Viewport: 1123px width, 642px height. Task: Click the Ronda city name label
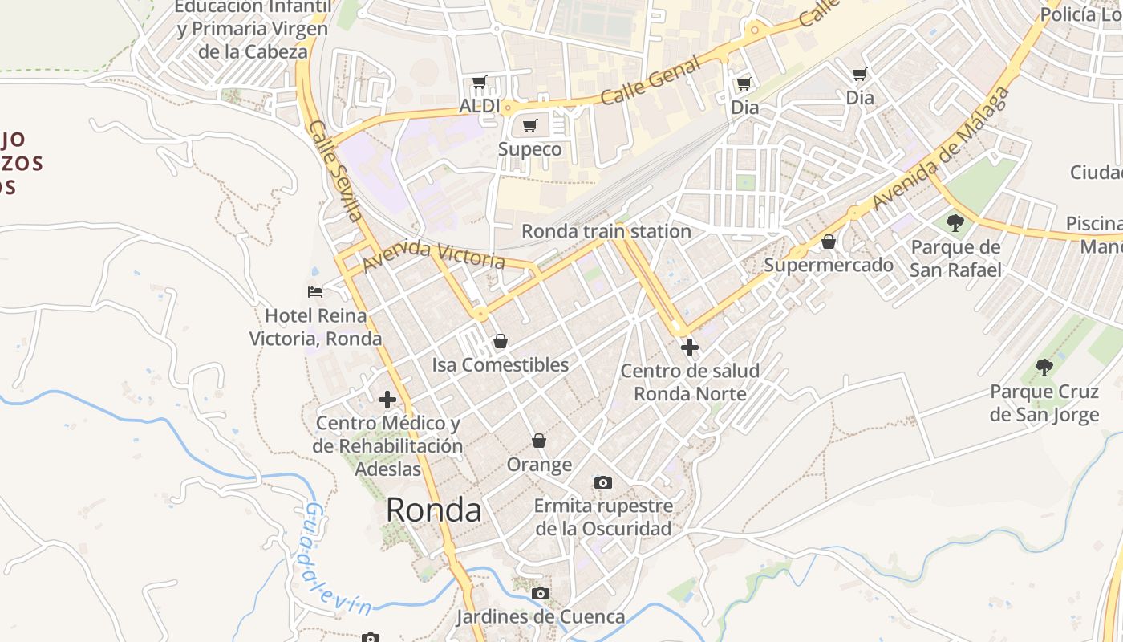click(x=434, y=510)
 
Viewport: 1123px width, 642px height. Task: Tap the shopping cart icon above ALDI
click(x=480, y=82)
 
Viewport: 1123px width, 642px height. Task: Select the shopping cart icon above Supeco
click(x=529, y=125)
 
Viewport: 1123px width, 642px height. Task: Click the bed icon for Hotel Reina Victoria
click(x=315, y=291)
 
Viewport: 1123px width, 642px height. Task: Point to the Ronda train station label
click(x=606, y=231)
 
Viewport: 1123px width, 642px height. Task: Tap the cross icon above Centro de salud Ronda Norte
click(x=689, y=347)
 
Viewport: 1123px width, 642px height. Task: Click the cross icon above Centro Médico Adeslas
click(x=387, y=399)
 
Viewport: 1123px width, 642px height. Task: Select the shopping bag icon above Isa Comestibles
click(x=501, y=341)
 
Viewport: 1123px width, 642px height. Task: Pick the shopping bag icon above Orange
click(x=539, y=441)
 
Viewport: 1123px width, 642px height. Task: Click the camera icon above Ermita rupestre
click(x=603, y=482)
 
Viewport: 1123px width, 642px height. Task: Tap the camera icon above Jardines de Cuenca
click(x=541, y=593)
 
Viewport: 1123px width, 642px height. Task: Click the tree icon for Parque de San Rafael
click(x=955, y=222)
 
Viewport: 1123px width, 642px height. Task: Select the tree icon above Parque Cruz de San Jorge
click(x=1044, y=368)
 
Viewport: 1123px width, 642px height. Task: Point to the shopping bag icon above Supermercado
click(x=829, y=241)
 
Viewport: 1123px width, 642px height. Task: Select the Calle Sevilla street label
click(x=335, y=170)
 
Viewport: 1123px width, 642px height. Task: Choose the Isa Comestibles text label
click(x=501, y=365)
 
